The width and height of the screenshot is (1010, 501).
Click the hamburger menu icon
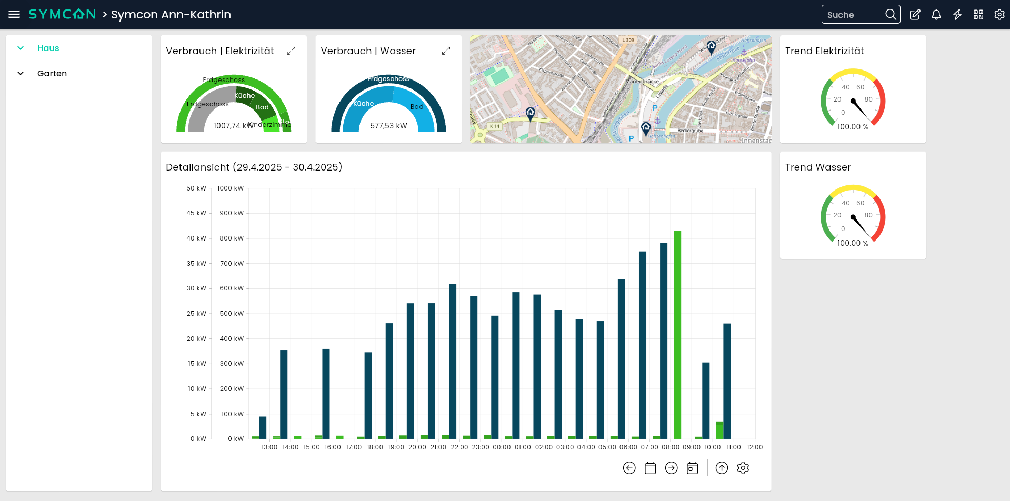14,14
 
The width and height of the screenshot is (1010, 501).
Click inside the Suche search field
853,15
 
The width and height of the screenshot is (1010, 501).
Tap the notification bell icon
936,15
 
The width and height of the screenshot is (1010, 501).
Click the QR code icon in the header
978,15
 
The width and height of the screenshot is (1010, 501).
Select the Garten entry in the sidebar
52,74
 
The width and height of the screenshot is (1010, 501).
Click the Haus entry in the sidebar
48,48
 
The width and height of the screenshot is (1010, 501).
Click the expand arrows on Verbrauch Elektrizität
291,51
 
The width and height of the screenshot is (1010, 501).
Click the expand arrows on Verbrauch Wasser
446,51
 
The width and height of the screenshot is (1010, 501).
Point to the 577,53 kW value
388,126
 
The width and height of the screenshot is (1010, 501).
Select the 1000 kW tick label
231,188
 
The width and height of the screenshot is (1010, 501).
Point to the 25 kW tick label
196,314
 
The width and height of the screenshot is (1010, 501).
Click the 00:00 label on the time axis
502,447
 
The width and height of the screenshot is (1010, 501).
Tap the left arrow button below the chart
629,468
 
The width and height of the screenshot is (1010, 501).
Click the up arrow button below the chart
722,468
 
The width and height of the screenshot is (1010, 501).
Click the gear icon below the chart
743,468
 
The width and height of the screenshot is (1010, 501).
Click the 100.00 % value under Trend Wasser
853,243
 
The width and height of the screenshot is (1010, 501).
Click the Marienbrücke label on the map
642,82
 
